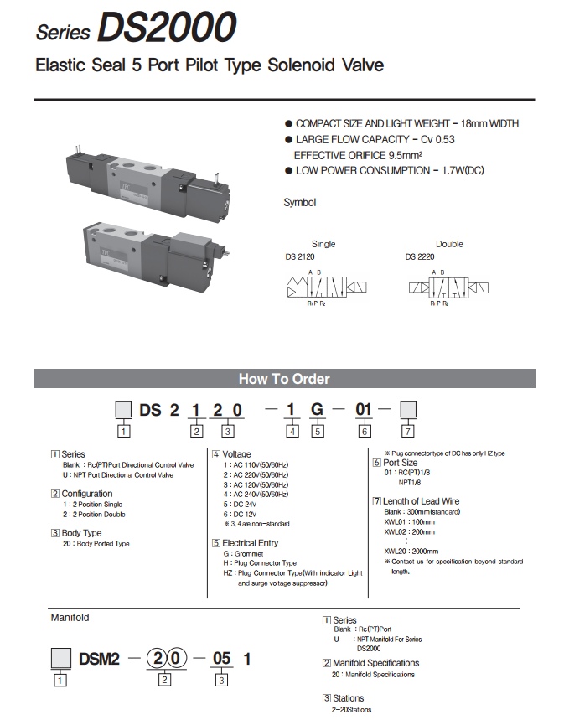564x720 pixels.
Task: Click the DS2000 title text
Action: coord(166,28)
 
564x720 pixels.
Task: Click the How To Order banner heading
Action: coord(284,378)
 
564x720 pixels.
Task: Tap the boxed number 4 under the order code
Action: coord(292,432)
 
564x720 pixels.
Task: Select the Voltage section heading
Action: coord(236,454)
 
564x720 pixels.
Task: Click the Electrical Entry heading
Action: coord(250,543)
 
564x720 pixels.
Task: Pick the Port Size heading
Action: coord(400,463)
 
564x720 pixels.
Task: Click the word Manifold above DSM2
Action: coord(70,618)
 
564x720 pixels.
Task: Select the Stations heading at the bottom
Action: coord(348,697)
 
